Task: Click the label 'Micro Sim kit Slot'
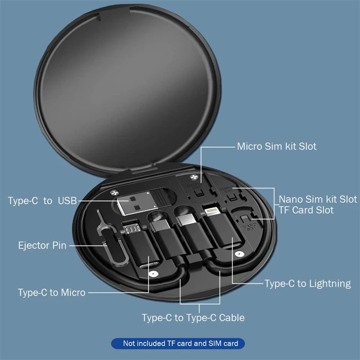click(276, 146)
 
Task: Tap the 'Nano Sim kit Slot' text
click(318, 199)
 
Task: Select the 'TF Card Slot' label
click(306, 210)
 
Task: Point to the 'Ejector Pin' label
click(42, 246)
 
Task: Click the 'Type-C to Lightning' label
click(307, 283)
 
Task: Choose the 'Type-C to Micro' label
click(52, 292)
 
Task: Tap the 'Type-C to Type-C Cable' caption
click(193, 318)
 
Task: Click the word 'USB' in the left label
click(67, 201)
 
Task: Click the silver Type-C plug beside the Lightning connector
click(185, 220)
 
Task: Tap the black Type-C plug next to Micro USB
click(158, 222)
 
